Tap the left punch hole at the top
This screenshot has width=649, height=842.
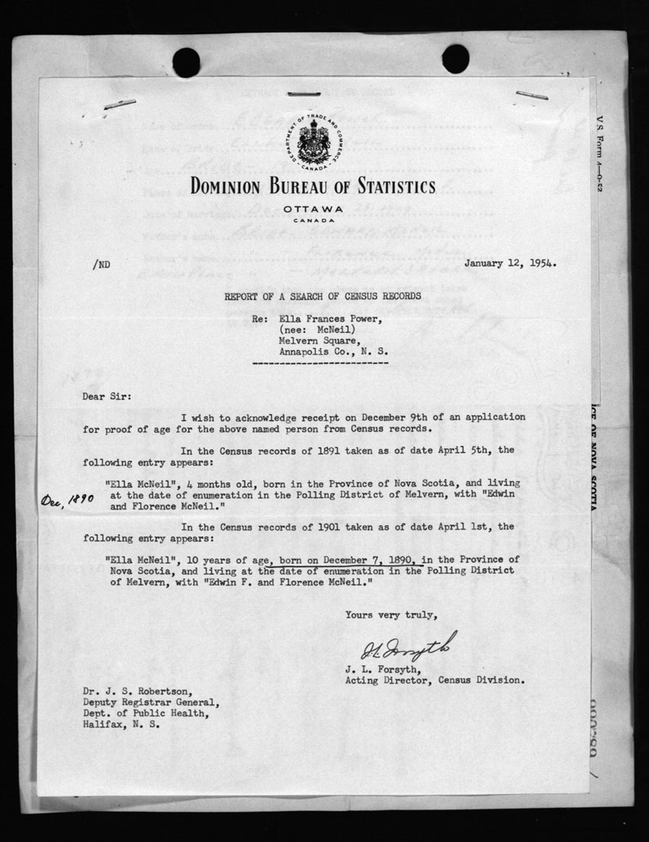coord(186,61)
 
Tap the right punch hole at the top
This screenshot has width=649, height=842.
coord(456,58)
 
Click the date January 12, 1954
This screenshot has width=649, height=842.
coord(510,263)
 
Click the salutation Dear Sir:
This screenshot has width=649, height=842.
coord(103,395)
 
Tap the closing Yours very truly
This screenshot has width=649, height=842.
coord(391,614)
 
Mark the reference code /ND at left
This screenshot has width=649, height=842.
coord(101,264)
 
